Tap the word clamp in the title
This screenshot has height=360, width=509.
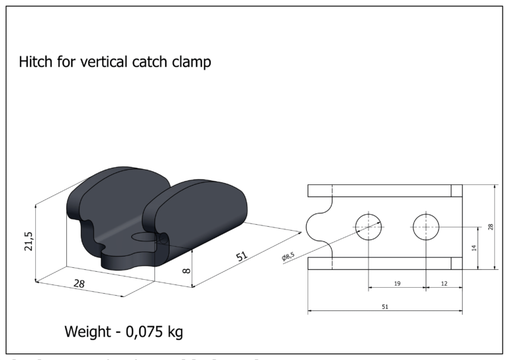pos(190,63)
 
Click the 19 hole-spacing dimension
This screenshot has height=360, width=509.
pos(396,283)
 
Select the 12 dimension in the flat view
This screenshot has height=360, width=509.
pos(443,283)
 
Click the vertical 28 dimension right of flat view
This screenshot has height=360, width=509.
pos(490,227)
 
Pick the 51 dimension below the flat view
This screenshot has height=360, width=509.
pos(386,306)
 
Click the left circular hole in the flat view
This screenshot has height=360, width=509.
pos(368,227)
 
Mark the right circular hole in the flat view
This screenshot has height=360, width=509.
pos(425,227)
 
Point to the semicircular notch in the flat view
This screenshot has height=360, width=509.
pos(316,227)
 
